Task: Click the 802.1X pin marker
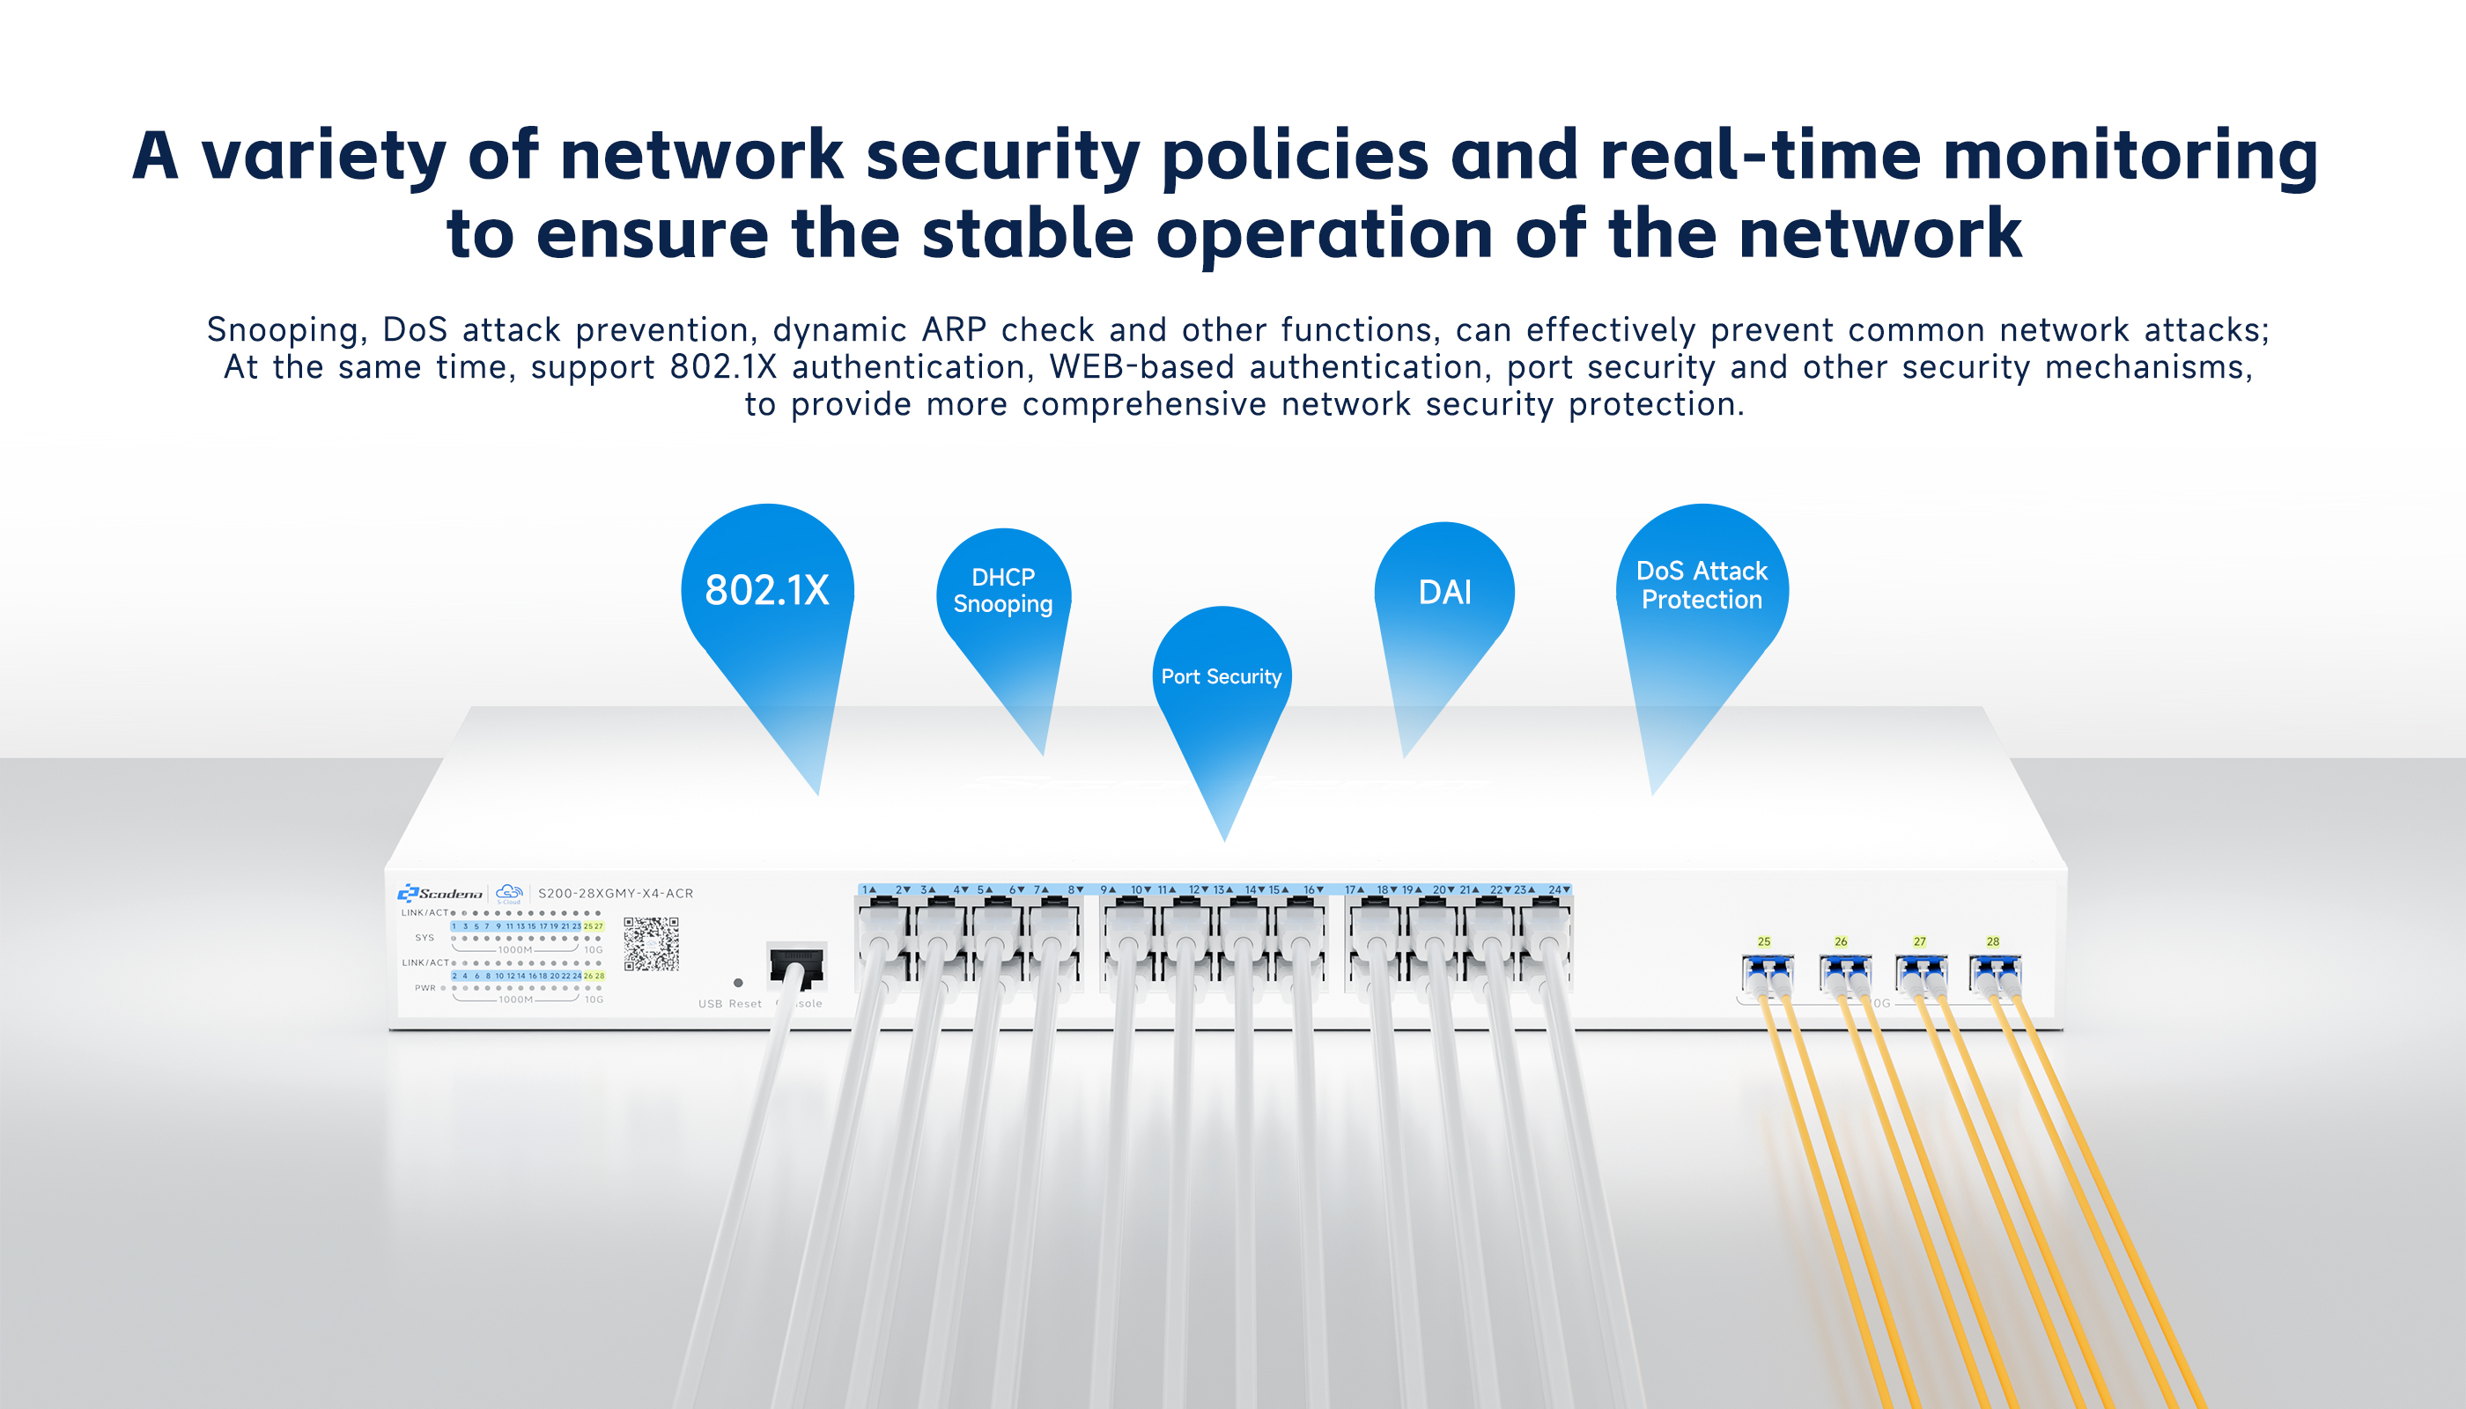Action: point(766,590)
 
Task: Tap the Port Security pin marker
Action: point(1222,676)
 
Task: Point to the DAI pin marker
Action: point(1444,593)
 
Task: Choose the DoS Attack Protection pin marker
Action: point(1702,586)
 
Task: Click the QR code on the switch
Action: point(652,943)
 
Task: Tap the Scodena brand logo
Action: point(440,893)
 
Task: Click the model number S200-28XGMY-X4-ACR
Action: point(616,893)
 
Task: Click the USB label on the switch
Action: point(711,1004)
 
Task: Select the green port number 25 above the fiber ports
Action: point(1764,941)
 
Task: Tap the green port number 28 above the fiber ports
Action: point(1993,941)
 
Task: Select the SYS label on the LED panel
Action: point(425,938)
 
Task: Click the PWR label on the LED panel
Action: point(426,988)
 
